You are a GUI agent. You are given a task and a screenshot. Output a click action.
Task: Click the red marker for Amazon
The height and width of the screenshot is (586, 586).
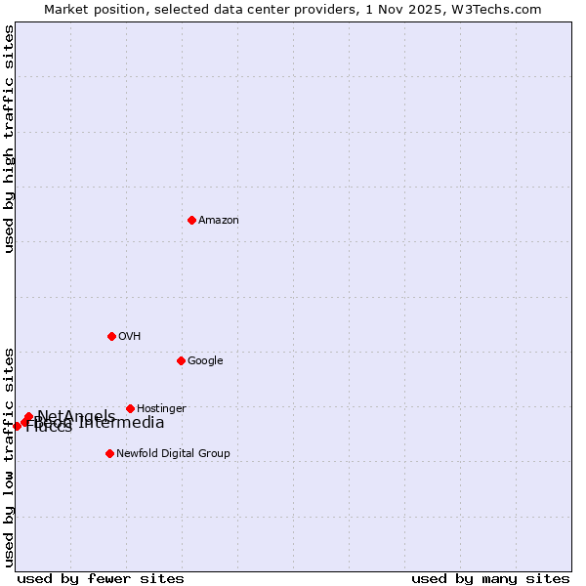pos(191,220)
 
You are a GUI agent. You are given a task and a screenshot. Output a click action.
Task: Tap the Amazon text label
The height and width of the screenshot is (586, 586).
pos(219,221)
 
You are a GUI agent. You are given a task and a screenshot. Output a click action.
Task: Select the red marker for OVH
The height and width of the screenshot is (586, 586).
pos(111,336)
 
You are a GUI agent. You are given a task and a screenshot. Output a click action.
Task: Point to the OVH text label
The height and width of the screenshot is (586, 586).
pos(130,337)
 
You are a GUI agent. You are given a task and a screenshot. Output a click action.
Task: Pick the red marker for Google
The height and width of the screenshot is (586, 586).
pos(181,360)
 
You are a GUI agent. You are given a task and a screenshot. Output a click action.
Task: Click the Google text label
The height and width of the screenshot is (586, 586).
pos(205,361)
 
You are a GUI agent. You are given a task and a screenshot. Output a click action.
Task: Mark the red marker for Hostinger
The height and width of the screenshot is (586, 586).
pos(130,408)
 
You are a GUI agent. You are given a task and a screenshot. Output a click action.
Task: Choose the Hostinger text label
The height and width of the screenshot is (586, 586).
pos(161,409)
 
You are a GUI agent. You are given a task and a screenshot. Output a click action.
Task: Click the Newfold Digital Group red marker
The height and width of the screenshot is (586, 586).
pos(109,453)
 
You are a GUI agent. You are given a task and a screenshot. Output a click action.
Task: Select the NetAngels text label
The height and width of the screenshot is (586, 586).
pos(76,416)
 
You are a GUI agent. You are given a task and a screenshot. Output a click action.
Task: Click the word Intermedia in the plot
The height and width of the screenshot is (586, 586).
pos(122,423)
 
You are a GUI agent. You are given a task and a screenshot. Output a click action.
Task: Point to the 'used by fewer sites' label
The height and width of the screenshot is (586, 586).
pos(101,578)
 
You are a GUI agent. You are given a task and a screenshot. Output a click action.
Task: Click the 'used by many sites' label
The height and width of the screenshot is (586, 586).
pos(490,578)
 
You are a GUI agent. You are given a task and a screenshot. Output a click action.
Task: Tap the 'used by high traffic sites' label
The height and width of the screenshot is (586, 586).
pos(10,139)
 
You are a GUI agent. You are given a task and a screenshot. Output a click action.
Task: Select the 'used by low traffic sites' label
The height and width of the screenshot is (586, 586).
pos(10,457)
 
